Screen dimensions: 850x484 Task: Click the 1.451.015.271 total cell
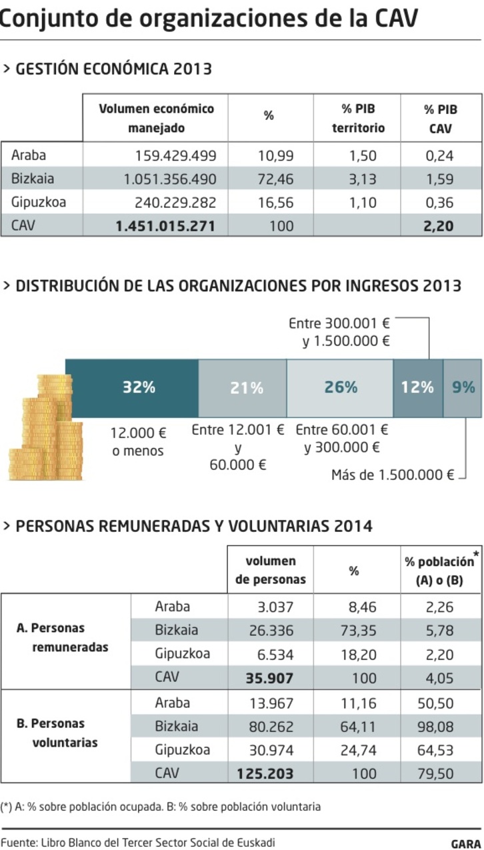pyautogui.click(x=165, y=226)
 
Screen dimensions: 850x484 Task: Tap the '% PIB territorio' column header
pyautogui.click(x=358, y=118)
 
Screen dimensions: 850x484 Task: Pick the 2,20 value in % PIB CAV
pyautogui.click(x=438, y=226)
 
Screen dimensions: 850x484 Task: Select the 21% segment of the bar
pyautogui.click(x=243, y=388)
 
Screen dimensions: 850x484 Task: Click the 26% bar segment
pyautogui.click(x=340, y=388)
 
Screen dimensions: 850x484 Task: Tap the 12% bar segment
pyautogui.click(x=417, y=388)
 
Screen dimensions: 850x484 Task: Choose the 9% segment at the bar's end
pyautogui.click(x=462, y=388)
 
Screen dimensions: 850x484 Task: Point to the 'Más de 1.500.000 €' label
pyautogui.click(x=393, y=475)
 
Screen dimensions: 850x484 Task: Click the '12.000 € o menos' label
pyautogui.click(x=138, y=441)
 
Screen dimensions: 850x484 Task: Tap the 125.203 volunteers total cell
pyautogui.click(x=265, y=774)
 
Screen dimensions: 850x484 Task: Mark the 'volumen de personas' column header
pyautogui.click(x=270, y=570)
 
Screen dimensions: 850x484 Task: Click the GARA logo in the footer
pyautogui.click(x=465, y=843)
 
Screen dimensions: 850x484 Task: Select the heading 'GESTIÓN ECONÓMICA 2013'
pyautogui.click(x=113, y=69)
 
